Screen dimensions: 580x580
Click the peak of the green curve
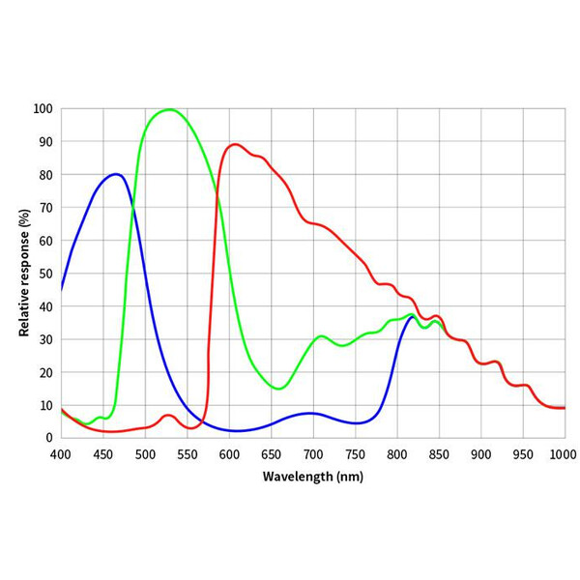(x=170, y=109)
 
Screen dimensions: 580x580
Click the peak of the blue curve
(x=116, y=174)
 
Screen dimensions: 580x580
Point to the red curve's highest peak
(x=235, y=144)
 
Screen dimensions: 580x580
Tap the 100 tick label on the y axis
(x=43, y=108)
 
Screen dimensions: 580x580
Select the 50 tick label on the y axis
(x=45, y=274)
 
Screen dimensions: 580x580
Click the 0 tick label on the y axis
(x=49, y=438)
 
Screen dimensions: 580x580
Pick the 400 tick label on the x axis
(x=61, y=453)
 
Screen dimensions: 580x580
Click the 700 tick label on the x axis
(x=313, y=453)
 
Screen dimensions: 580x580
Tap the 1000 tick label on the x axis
(x=564, y=453)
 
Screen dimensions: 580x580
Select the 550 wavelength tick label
(x=188, y=453)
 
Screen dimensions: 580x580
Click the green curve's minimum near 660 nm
(x=278, y=389)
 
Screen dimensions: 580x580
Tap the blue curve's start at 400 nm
(x=61, y=289)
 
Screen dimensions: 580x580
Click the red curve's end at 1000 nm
(x=565, y=408)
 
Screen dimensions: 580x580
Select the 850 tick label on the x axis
(x=439, y=453)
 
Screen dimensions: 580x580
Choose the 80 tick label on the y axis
(x=45, y=175)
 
